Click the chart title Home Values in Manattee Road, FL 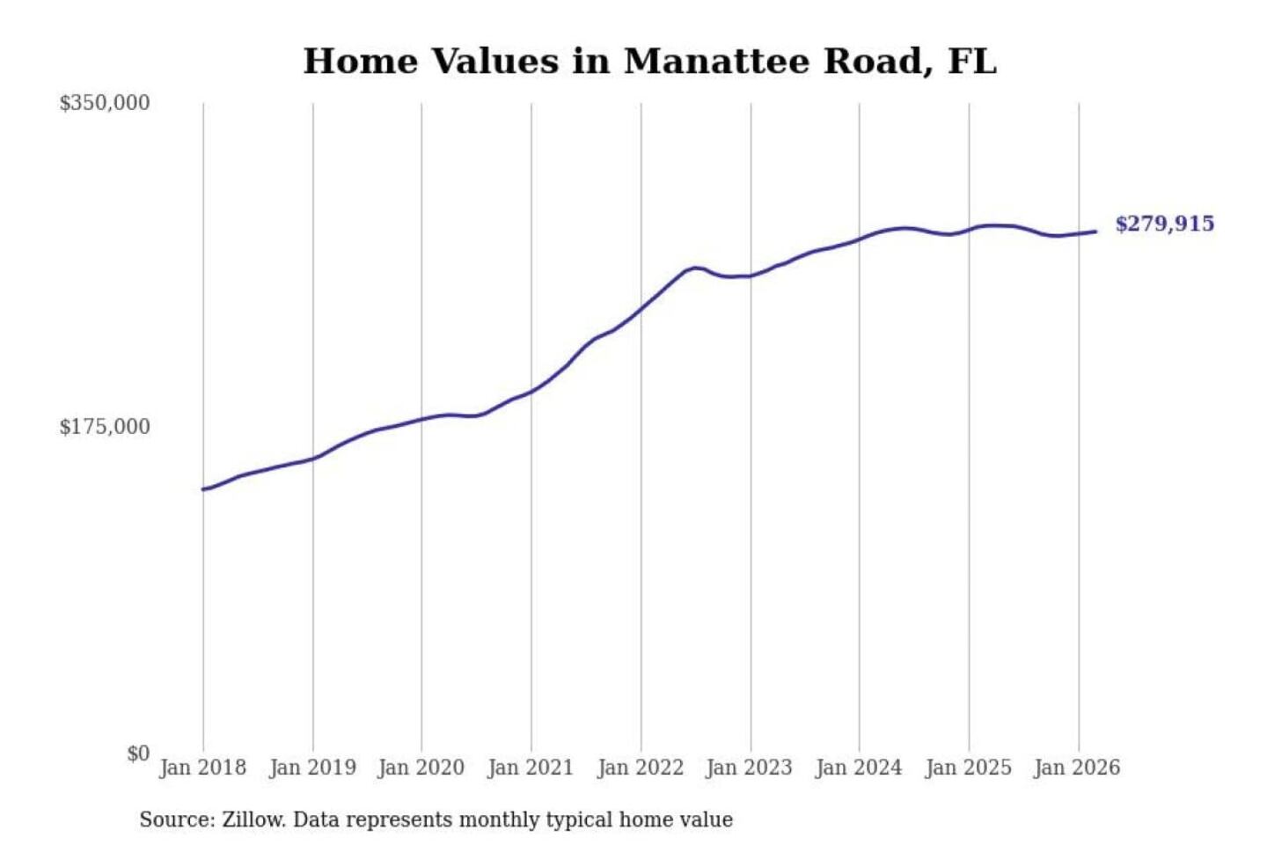coord(649,62)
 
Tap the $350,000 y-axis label coord(105,103)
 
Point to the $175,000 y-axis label coord(105,427)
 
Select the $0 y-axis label coord(138,753)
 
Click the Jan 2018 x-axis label coord(202,768)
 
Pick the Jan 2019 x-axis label coord(312,768)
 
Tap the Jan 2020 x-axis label coord(421,768)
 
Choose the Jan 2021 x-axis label coord(531,768)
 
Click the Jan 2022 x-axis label coord(641,768)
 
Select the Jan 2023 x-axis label coord(750,768)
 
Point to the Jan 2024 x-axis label coord(859,768)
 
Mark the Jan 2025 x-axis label coord(969,768)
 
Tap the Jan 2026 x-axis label coord(1078,768)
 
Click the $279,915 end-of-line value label coord(1164,224)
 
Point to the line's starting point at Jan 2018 coord(204,489)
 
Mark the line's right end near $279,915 coord(1095,231)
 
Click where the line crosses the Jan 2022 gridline coord(641,308)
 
